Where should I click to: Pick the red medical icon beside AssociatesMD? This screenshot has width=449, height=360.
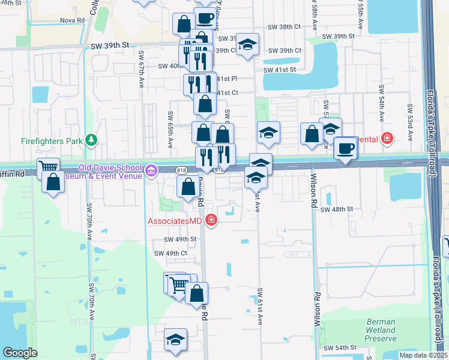pyautogui.click(x=211, y=221)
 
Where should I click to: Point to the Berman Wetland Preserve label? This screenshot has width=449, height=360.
pyautogui.click(x=381, y=330)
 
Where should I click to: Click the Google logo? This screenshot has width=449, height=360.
pyautogui.click(x=20, y=353)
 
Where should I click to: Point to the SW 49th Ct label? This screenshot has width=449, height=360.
pyautogui.click(x=171, y=253)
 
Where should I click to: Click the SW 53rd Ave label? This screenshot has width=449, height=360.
pyautogui.click(x=410, y=123)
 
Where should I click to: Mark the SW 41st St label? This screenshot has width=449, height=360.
pyautogui.click(x=281, y=70)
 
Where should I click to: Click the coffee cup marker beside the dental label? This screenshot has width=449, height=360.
pyautogui.click(x=345, y=149)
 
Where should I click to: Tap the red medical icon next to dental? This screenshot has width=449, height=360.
pyautogui.click(x=388, y=139)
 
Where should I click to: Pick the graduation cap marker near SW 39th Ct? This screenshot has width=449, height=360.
pyautogui.click(x=247, y=46)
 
